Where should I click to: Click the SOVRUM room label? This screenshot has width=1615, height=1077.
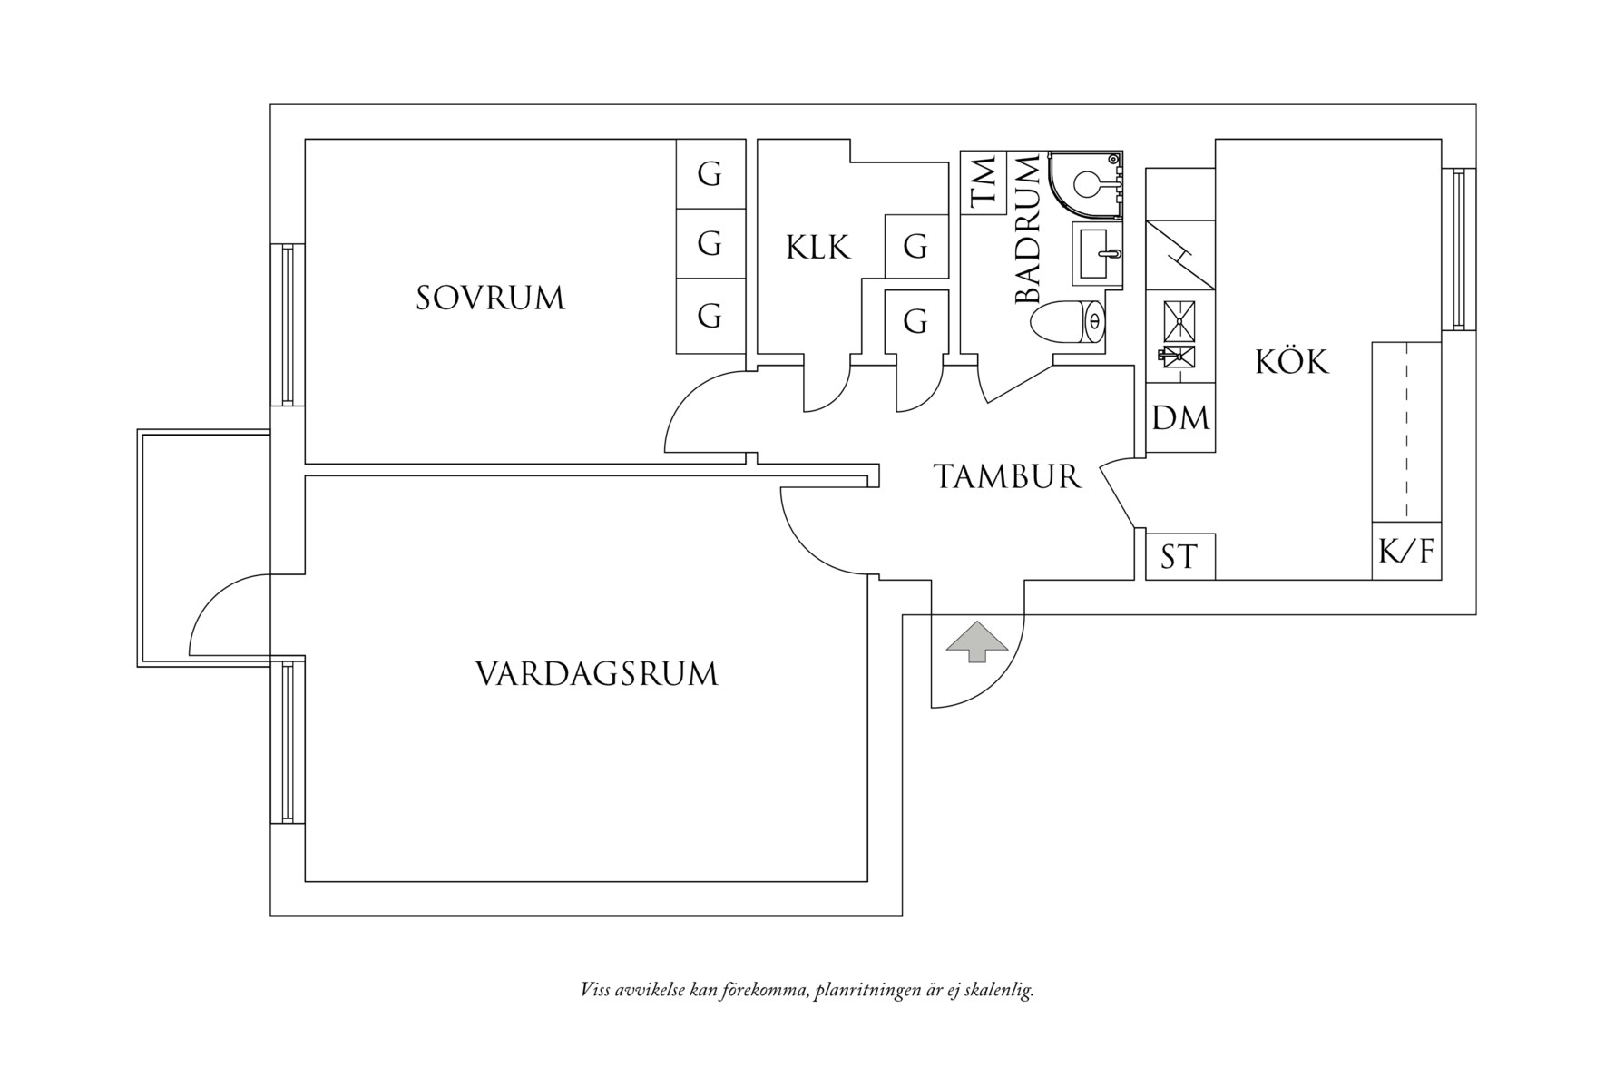point(490,298)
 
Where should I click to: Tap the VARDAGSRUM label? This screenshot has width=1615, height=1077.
point(596,674)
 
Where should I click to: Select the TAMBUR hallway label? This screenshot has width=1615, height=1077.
point(1007,476)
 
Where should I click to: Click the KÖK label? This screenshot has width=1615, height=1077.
point(1292,362)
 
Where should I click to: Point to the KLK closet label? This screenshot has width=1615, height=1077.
point(817,247)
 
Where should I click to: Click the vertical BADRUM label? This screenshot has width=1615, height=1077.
point(1027,230)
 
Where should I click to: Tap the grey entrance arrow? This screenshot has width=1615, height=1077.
point(976,641)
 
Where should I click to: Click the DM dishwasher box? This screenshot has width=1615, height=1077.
point(1180,418)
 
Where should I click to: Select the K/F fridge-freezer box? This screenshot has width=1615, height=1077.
point(1405,551)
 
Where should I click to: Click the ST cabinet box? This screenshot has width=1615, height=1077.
point(1179,556)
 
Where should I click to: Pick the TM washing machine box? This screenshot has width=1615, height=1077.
point(984,183)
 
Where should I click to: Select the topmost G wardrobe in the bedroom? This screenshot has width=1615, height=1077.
point(710,173)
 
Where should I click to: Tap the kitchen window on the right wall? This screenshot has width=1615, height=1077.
point(1458,249)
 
